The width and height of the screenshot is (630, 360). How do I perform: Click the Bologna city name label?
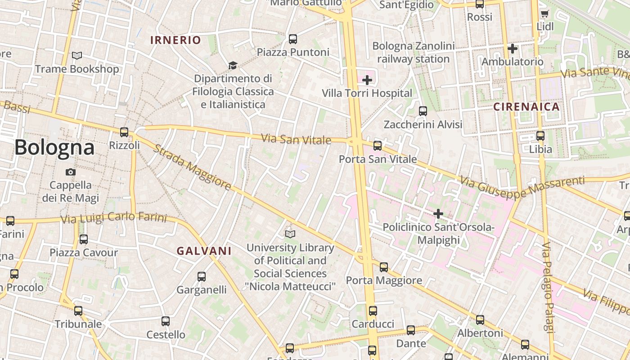[x=54, y=147]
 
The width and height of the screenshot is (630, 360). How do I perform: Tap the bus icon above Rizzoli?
[x=124, y=132]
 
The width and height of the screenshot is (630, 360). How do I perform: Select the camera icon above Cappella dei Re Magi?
[x=70, y=172]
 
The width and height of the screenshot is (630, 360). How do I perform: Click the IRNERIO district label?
[x=175, y=40]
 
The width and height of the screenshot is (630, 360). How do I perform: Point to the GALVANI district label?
[x=204, y=251]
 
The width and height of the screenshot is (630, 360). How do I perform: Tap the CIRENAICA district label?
[x=526, y=107]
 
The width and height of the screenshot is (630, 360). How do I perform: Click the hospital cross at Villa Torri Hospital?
[x=367, y=80]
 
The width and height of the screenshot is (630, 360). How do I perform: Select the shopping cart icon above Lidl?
[x=544, y=14]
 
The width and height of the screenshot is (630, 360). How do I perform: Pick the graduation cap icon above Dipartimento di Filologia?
[x=233, y=66]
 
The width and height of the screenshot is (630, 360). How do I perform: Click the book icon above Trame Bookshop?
[x=77, y=56]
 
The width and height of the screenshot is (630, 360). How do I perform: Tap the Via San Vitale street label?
[x=296, y=139]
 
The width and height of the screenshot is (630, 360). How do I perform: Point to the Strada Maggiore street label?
[x=192, y=167]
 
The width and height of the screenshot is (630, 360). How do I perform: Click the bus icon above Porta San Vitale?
[x=378, y=146]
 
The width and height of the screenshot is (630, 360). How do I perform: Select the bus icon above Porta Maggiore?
[x=384, y=267]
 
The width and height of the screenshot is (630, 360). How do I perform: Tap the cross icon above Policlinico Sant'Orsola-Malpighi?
[x=438, y=214]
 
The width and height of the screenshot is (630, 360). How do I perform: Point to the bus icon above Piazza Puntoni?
[x=293, y=39]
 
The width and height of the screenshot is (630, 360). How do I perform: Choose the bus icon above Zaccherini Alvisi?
[x=423, y=111]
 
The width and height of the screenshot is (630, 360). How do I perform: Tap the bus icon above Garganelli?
[x=202, y=277]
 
